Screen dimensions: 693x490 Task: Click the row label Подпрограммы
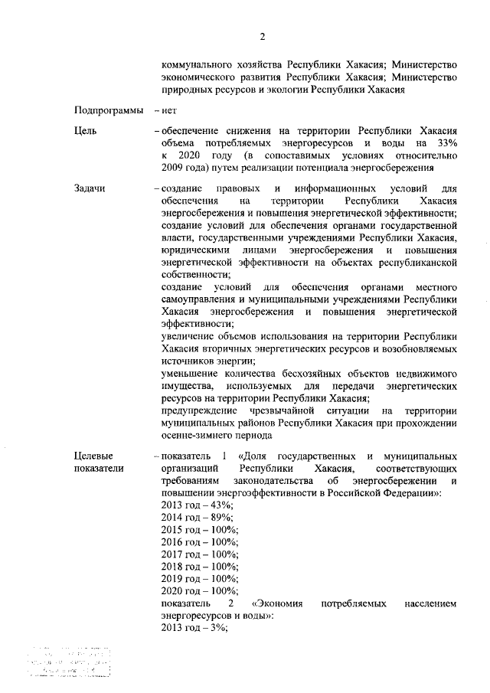click(x=109, y=111)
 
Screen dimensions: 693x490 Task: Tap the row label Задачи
click(x=90, y=188)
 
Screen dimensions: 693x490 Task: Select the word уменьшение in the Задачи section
click(x=192, y=373)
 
